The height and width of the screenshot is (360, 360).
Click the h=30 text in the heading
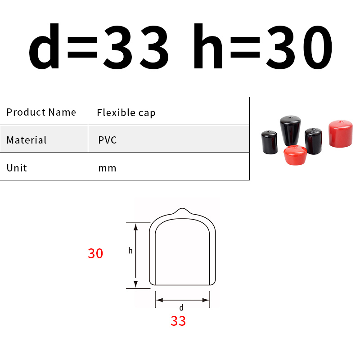[263, 47]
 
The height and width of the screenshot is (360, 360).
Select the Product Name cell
[41, 112]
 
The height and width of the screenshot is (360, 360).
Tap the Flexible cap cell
[126, 112]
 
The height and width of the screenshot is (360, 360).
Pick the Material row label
[27, 140]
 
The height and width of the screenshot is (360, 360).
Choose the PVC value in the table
[108, 140]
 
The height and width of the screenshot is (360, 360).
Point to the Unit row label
[17, 168]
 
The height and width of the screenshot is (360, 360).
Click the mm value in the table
[108, 168]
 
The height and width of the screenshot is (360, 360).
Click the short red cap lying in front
[296, 155]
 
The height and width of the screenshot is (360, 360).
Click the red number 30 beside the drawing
[95, 253]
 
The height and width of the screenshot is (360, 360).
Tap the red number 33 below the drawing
[178, 321]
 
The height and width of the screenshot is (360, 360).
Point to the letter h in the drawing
[130, 251]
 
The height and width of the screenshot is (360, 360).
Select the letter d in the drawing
[181, 308]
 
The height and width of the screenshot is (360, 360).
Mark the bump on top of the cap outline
[182, 211]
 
